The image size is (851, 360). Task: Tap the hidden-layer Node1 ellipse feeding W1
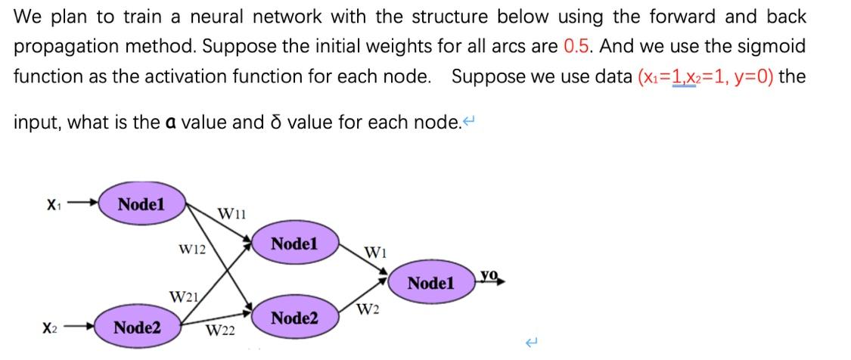coord(294,244)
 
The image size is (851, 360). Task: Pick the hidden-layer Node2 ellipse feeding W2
coord(294,318)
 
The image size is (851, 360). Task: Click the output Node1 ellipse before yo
coord(430,284)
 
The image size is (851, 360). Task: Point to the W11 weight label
coord(231,214)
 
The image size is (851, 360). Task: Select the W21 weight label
coord(183,296)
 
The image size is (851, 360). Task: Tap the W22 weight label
coord(220,331)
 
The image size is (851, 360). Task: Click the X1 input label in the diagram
coord(52,204)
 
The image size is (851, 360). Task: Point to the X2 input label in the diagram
coord(50,328)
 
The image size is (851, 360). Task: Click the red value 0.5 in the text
coord(579,46)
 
